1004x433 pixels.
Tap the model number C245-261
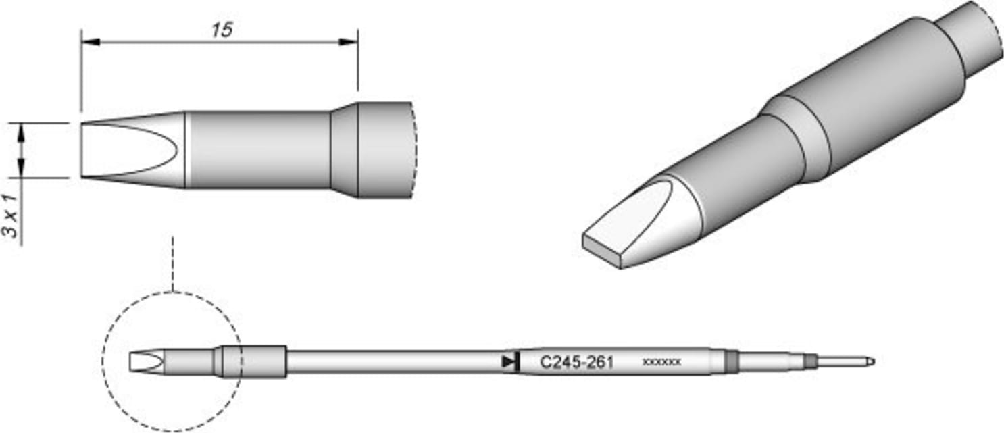pos(576,363)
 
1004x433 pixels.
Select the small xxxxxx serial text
pos(661,363)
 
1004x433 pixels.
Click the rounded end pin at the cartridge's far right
pos(870,362)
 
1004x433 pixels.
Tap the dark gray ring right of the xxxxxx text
pos(730,361)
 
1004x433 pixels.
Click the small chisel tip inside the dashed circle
pos(145,362)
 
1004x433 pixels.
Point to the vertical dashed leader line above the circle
pos(173,263)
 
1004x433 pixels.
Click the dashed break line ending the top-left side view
pos(415,150)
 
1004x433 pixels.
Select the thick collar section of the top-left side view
pos(372,150)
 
